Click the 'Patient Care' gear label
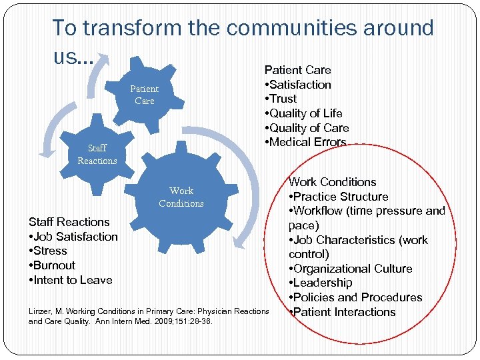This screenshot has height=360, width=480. point(144,95)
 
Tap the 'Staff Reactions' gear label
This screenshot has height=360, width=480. point(97,154)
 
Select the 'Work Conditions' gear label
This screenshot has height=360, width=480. point(181,197)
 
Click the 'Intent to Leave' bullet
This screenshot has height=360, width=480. point(70,280)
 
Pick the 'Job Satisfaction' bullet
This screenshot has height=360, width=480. point(73,237)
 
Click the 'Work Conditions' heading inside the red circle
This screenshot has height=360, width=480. point(332,182)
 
